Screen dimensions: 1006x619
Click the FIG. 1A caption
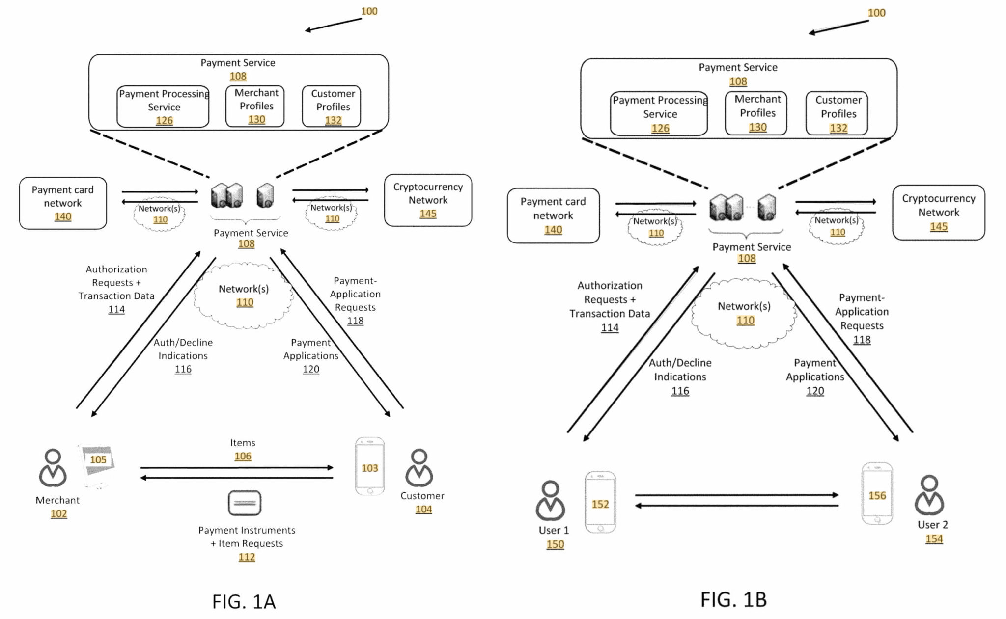tap(244, 601)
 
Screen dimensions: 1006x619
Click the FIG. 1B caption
tap(733, 599)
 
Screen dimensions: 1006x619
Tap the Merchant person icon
tap(53, 468)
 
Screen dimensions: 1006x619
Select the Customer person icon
tap(419, 468)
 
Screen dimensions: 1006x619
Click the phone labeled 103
tap(370, 466)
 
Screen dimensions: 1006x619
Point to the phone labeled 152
tap(600, 502)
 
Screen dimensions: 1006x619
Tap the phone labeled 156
tap(877, 493)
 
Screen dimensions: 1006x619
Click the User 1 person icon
tap(550, 500)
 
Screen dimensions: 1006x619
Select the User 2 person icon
tap(929, 495)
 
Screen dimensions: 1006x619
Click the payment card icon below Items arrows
tap(245, 503)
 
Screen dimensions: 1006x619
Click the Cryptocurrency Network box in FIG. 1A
tap(428, 200)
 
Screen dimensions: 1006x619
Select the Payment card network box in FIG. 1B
tap(553, 215)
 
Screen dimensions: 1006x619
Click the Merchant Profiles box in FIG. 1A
tap(255, 106)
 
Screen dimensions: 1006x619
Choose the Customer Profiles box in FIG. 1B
tap(837, 113)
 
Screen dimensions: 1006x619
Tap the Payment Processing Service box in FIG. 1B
tap(659, 113)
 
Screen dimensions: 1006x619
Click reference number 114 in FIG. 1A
tap(116, 309)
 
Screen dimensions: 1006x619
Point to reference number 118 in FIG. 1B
tap(862, 340)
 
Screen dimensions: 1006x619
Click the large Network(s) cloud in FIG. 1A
tap(244, 296)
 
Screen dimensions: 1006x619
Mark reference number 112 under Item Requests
tap(247, 557)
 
